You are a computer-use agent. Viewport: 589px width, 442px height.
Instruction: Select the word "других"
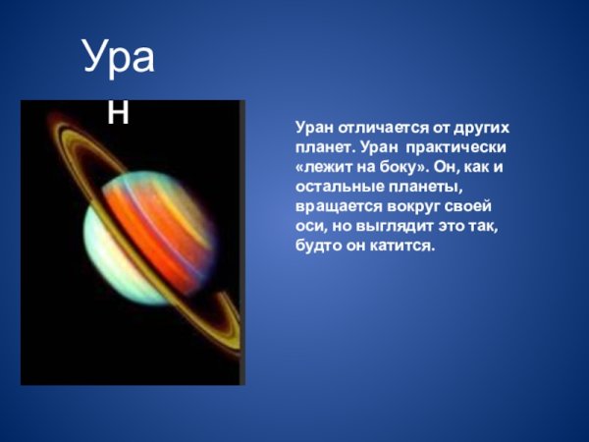coord(484,128)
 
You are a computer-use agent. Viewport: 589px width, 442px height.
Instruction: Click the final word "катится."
coord(402,245)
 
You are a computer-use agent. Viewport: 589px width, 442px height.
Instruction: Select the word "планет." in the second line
coord(324,146)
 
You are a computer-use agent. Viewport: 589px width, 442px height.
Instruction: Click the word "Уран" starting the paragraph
coord(314,128)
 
